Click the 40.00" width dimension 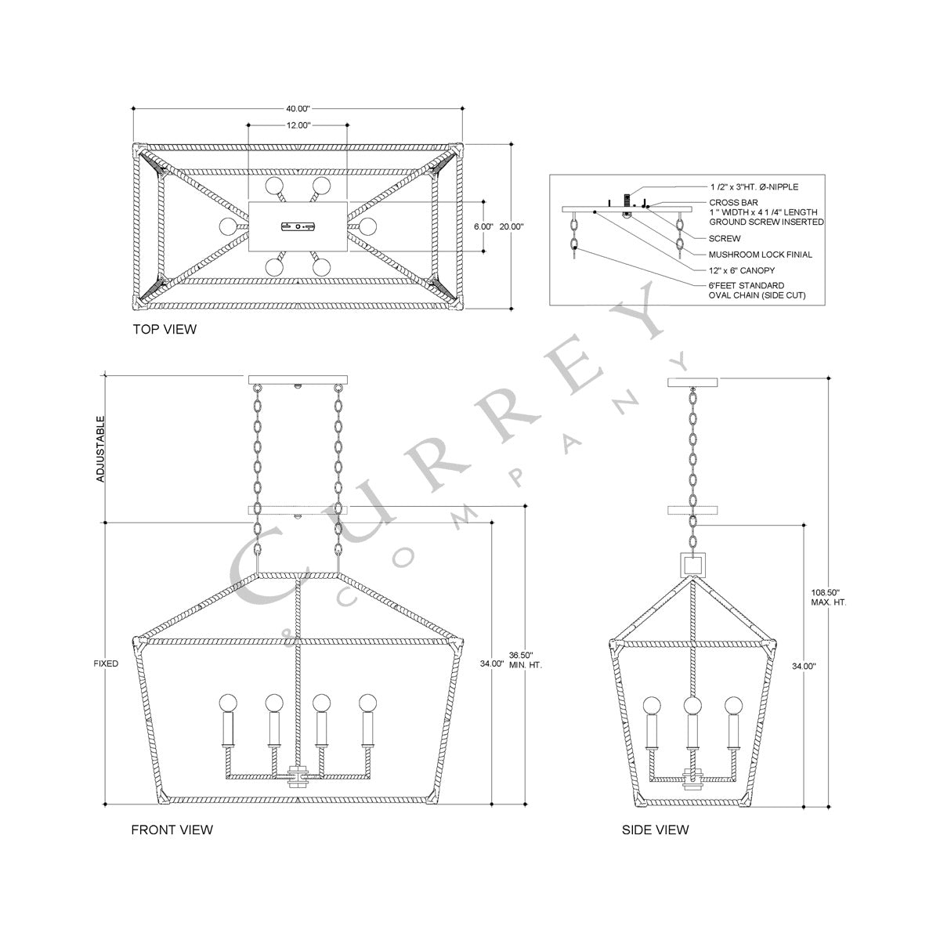point(298,109)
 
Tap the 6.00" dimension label point(483,226)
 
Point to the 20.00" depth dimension point(512,226)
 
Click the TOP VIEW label point(164,330)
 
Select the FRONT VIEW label point(172,830)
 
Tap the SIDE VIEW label point(655,830)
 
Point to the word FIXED point(105,664)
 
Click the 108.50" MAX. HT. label point(829,598)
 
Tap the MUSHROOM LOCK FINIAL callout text point(760,255)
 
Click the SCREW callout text point(725,238)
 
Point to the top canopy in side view point(692,382)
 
